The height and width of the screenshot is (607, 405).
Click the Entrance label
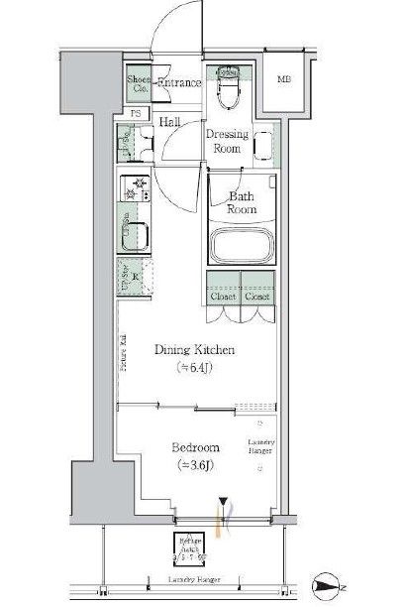pos(179,84)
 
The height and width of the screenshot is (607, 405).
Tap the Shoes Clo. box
pos(137,84)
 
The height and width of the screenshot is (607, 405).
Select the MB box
pos(284,79)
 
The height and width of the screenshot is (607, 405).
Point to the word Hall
pos(169,121)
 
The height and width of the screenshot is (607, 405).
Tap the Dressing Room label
pos(226,142)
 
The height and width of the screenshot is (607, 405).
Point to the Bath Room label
pos(243,202)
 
